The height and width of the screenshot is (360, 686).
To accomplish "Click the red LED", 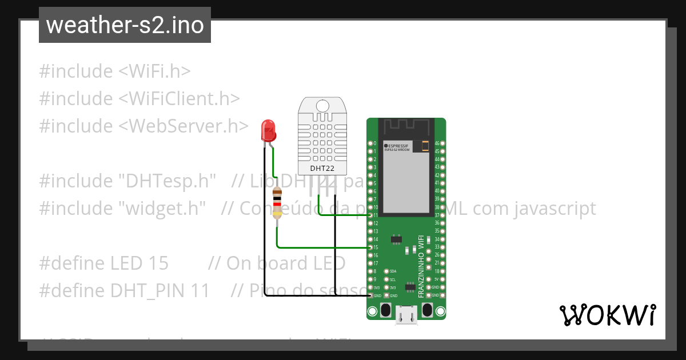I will point(268,131).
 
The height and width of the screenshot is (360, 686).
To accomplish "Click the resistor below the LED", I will point(277,203).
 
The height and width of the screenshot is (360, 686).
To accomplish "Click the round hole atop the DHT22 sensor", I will point(322,106).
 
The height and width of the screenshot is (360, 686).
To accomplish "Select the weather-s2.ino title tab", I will point(125,25).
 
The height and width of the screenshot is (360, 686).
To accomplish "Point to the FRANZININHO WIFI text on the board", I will point(421,266).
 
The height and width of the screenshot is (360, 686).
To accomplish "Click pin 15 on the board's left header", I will point(370,247).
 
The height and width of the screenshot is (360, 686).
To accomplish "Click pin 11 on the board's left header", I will point(370,215).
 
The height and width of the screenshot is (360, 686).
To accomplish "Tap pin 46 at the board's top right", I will point(442,143).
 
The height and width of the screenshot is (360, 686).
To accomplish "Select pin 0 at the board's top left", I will point(370,143).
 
